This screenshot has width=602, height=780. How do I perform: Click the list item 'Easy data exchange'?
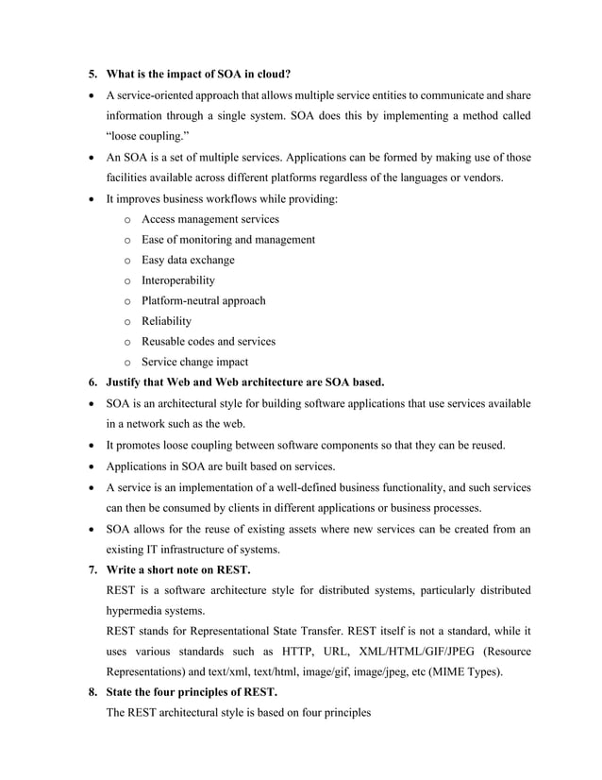(x=188, y=260)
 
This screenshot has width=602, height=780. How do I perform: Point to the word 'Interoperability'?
(x=177, y=280)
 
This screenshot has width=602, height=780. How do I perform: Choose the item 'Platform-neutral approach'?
(x=203, y=300)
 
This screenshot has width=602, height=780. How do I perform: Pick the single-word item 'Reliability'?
(x=166, y=321)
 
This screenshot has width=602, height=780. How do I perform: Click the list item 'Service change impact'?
(x=194, y=362)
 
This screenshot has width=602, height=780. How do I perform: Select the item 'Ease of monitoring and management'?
(x=228, y=240)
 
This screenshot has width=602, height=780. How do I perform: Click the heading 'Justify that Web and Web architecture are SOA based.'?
(x=245, y=382)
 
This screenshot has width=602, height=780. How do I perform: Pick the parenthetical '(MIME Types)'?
(x=470, y=672)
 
